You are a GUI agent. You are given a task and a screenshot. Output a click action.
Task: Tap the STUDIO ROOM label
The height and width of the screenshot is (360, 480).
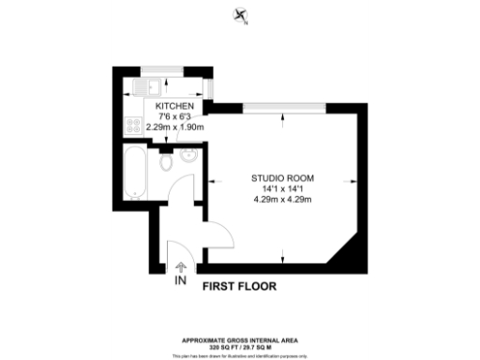pyautogui.click(x=282, y=177)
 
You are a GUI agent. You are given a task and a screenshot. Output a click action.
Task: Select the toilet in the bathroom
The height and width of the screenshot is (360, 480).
pyautogui.click(x=166, y=164)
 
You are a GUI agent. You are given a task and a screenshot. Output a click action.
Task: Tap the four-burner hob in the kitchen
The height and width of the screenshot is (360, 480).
pyautogui.click(x=132, y=126)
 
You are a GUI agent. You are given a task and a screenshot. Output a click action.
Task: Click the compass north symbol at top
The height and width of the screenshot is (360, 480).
pyautogui.click(x=241, y=16)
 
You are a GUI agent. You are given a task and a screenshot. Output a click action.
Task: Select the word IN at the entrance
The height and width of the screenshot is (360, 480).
pyautogui.click(x=179, y=279)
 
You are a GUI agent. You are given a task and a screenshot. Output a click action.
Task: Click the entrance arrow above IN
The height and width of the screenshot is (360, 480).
pyautogui.click(x=179, y=264)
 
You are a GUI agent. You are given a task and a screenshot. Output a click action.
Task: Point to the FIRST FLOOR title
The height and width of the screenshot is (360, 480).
pyautogui.click(x=239, y=287)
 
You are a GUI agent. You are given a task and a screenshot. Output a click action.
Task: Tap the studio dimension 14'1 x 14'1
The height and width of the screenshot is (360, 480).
pyautogui.click(x=282, y=187)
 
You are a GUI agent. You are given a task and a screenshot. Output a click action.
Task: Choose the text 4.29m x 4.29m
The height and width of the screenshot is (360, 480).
pyautogui.click(x=282, y=198)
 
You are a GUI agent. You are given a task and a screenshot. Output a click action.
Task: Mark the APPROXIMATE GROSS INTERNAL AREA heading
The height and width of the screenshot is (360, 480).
pyautogui.click(x=239, y=339)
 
